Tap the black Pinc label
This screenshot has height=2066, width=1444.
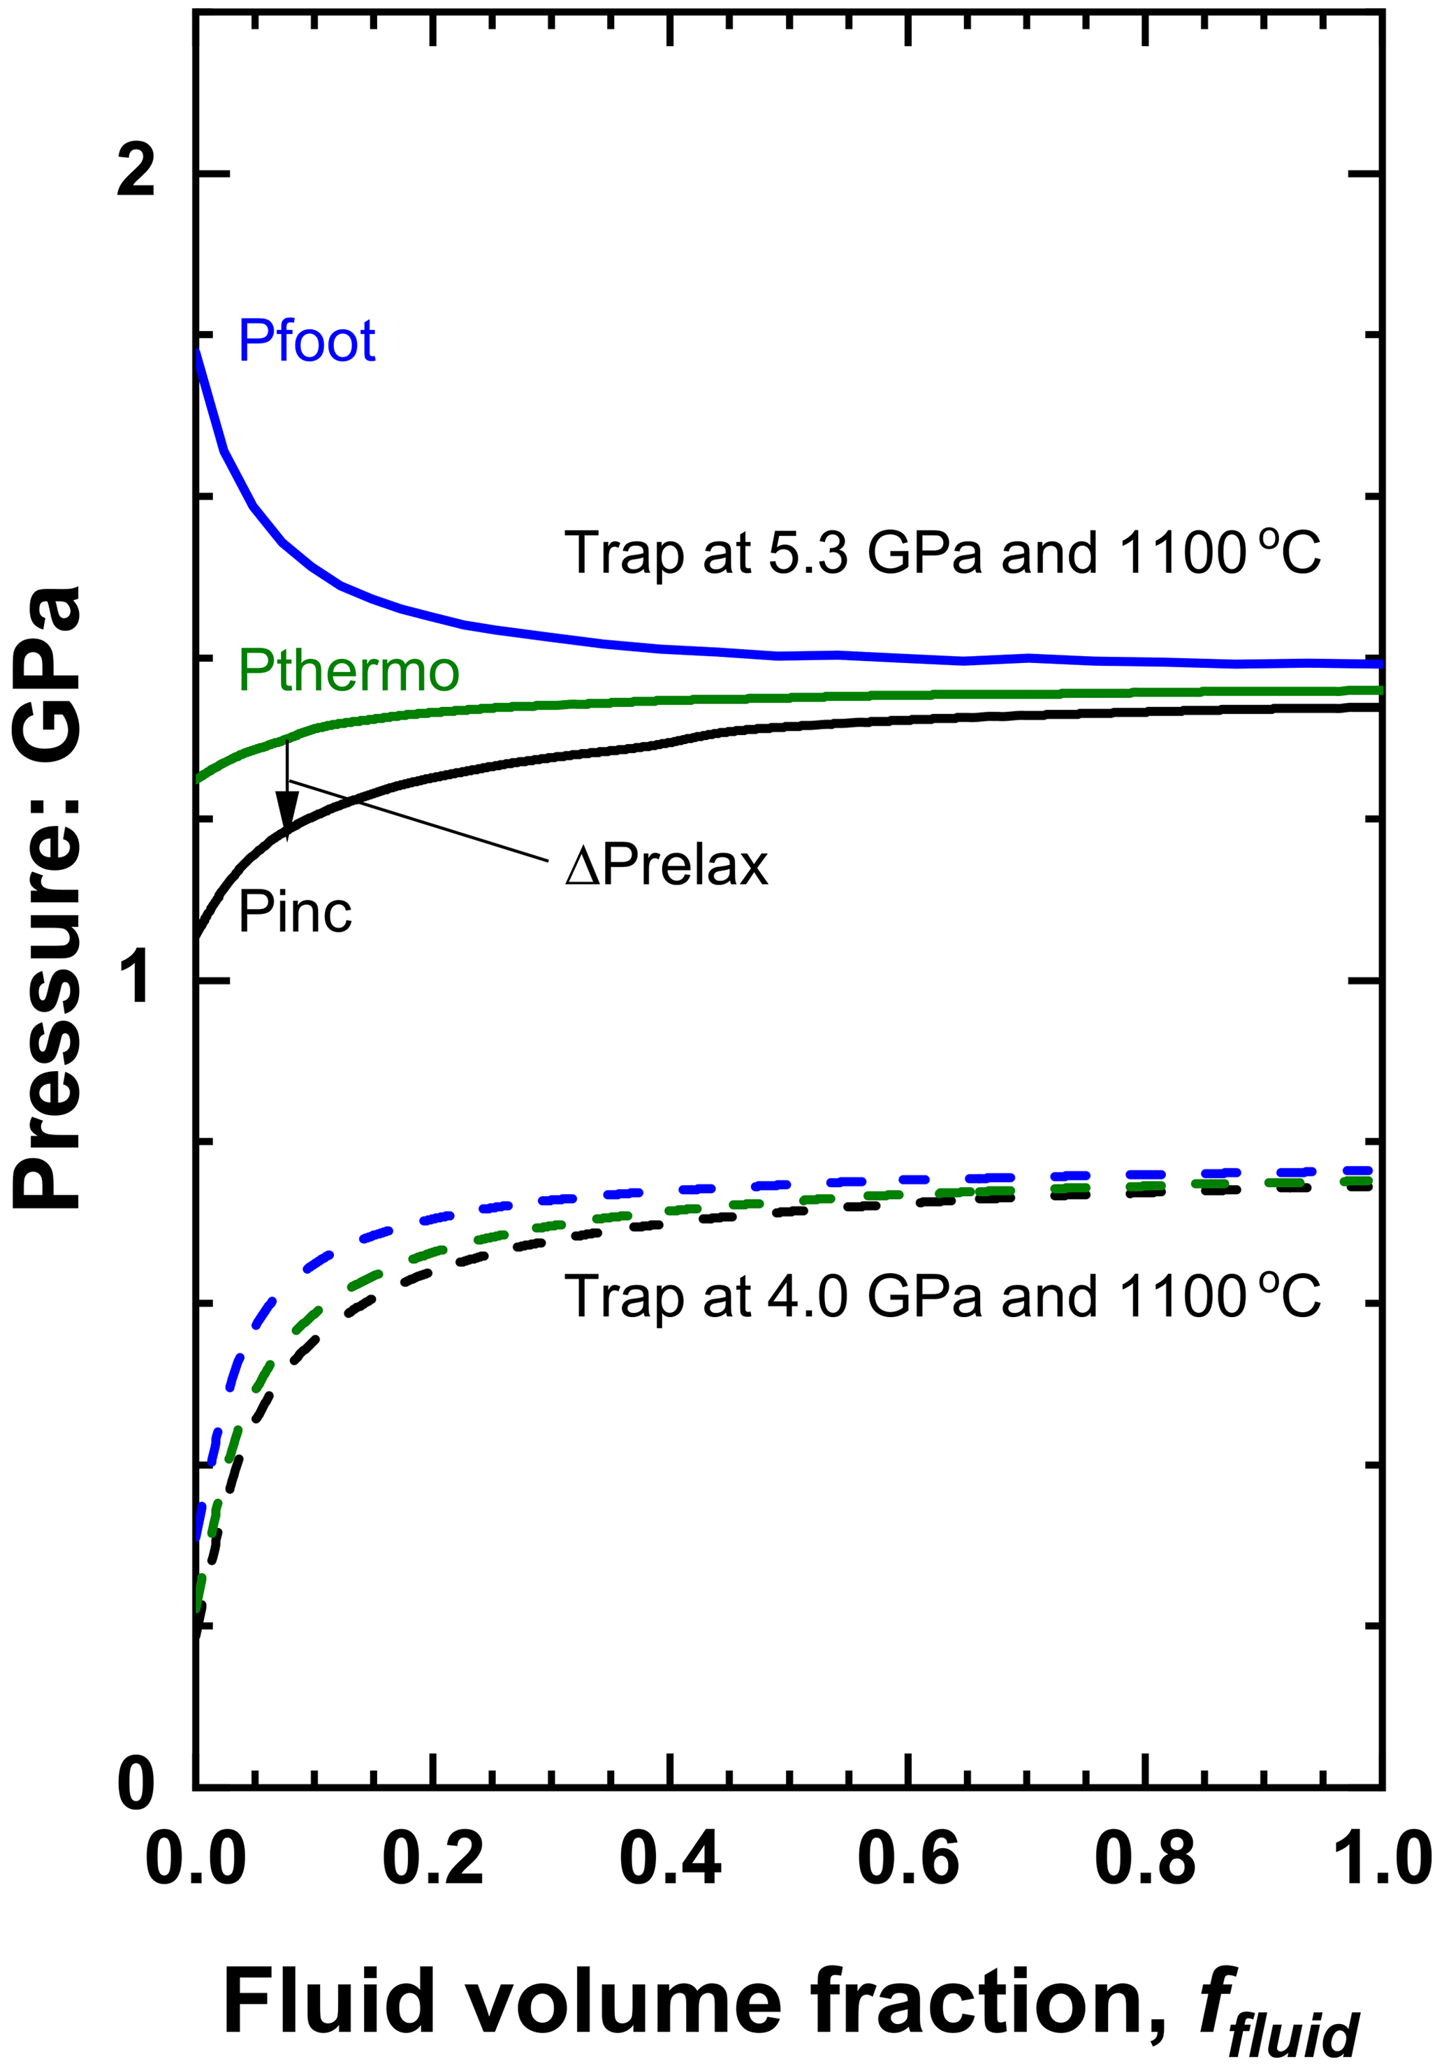pyautogui.click(x=294, y=912)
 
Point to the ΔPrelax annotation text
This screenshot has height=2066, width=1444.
pyautogui.click(x=666, y=866)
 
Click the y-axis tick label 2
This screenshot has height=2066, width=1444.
pyautogui.click(x=137, y=171)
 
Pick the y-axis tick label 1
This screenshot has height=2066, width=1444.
pyautogui.click(x=137, y=979)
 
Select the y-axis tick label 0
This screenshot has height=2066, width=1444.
pyautogui.click(x=137, y=1784)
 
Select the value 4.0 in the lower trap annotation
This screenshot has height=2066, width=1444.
pyautogui.click(x=808, y=1297)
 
